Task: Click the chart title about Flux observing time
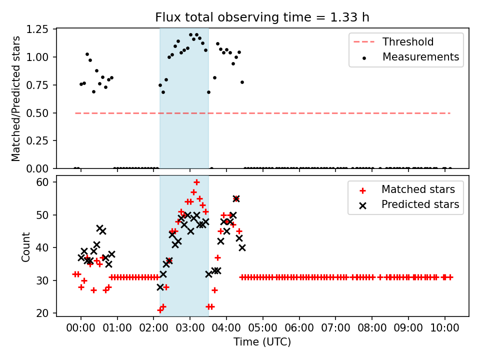[262, 17]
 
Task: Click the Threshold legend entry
[408, 42]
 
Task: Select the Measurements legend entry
[420, 57]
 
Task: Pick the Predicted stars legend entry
[420, 204]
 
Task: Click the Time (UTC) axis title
[262, 342]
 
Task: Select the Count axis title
[25, 247]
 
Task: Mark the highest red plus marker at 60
[196, 182]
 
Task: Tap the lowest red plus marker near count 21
[160, 310]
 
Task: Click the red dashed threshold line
[300, 113]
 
